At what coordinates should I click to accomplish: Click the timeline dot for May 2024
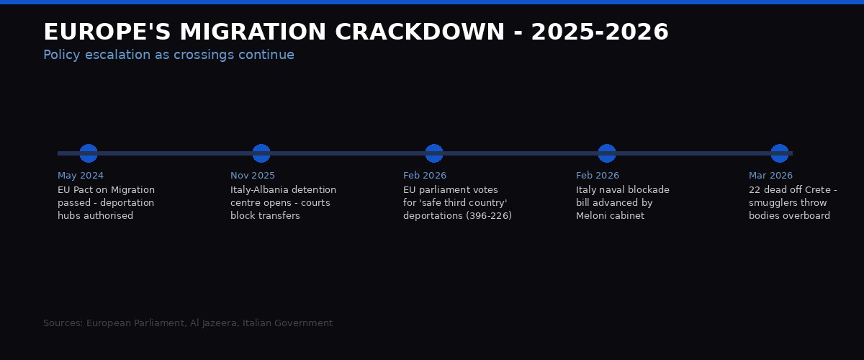89,153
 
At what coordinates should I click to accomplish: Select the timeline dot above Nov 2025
261,153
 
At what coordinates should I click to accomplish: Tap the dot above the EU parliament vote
434,153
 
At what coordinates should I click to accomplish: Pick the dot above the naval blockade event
607,153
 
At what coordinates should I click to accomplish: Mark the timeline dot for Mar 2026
780,153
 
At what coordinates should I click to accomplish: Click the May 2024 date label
81,176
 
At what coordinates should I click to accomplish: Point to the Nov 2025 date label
253,176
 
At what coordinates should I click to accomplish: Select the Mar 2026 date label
770,176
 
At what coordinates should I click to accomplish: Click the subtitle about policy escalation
168,55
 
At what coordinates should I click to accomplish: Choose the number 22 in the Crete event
755,190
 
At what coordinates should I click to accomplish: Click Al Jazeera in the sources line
213,323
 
